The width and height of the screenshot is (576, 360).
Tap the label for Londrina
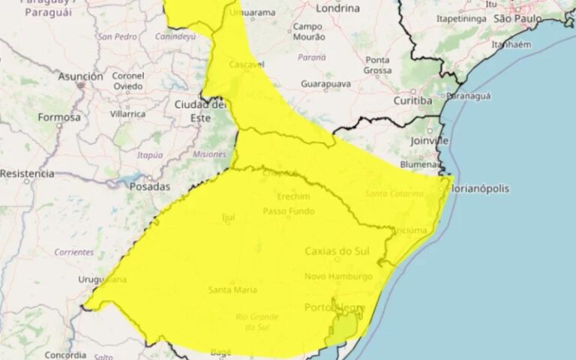click(338, 8)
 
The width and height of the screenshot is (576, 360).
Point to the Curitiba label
click(412, 100)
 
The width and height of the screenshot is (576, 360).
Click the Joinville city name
click(430, 140)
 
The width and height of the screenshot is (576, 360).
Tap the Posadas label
click(150, 186)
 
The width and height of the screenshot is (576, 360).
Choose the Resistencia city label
click(27, 173)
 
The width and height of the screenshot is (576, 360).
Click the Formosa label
click(59, 118)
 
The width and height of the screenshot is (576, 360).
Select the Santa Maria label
click(233, 289)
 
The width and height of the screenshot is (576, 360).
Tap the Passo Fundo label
click(288, 212)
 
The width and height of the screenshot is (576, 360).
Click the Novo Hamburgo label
click(338, 277)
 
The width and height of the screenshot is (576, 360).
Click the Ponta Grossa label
click(378, 65)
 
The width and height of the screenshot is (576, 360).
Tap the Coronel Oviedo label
click(128, 80)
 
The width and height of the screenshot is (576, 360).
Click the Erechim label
click(293, 196)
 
